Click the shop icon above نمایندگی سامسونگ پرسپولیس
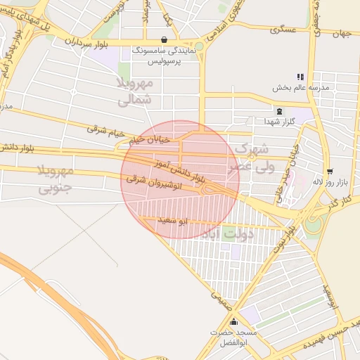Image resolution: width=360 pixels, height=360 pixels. (164, 40)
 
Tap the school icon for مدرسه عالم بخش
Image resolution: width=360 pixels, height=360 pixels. (301, 77)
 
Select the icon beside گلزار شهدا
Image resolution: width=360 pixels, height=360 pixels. (280, 111)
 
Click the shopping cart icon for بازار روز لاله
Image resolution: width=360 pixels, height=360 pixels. (329, 172)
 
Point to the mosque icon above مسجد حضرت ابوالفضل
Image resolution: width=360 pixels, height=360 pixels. (234, 322)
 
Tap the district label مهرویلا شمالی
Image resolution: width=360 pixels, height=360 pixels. (134, 91)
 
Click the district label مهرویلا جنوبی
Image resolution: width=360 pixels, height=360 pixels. (55, 179)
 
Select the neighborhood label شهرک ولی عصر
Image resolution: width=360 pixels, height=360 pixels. (252, 158)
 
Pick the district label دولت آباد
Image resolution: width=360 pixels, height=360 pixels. (227, 233)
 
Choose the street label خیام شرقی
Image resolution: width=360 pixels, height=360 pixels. (105, 129)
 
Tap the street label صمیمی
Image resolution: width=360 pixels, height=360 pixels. (220, 300)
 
